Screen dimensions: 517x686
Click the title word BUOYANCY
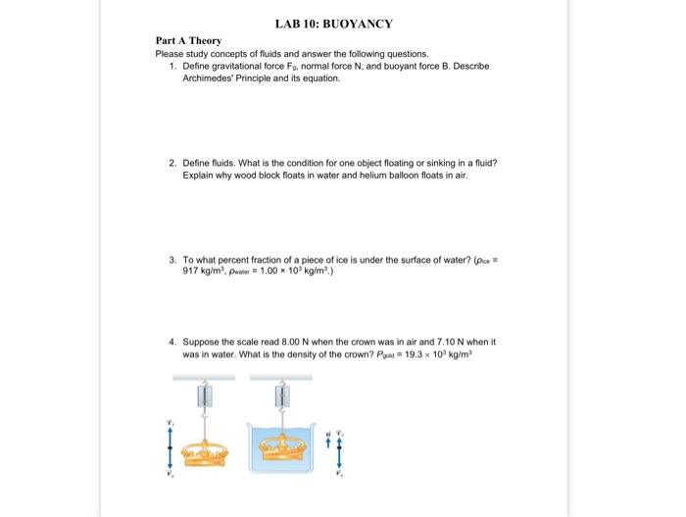tap(359, 23)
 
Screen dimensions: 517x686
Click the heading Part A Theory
tap(188, 40)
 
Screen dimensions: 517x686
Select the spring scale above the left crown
tap(205, 397)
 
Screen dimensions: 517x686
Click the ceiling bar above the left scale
tap(205, 377)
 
